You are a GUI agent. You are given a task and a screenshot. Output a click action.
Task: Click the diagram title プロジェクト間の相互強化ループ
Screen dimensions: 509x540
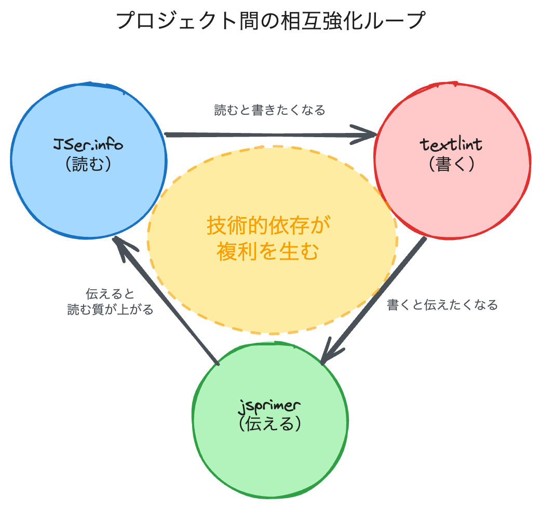(270, 22)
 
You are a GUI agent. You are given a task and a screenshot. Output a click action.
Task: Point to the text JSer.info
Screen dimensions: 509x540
(88, 144)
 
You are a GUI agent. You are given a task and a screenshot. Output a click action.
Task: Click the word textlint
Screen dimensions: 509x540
(451, 144)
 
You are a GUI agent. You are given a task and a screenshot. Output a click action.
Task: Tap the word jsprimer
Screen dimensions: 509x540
(270, 404)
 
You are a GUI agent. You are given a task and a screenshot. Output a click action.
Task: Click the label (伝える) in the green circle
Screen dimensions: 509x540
(270, 424)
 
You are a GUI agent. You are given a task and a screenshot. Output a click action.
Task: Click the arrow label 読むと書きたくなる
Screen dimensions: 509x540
(270, 110)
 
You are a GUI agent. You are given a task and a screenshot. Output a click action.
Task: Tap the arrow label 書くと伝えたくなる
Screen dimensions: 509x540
(442, 305)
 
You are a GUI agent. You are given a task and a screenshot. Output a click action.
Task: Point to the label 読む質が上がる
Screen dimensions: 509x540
(111, 310)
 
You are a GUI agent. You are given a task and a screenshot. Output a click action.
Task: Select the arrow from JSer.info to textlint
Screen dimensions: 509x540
(260, 136)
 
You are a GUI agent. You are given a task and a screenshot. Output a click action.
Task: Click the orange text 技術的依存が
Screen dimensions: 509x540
(268, 227)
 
